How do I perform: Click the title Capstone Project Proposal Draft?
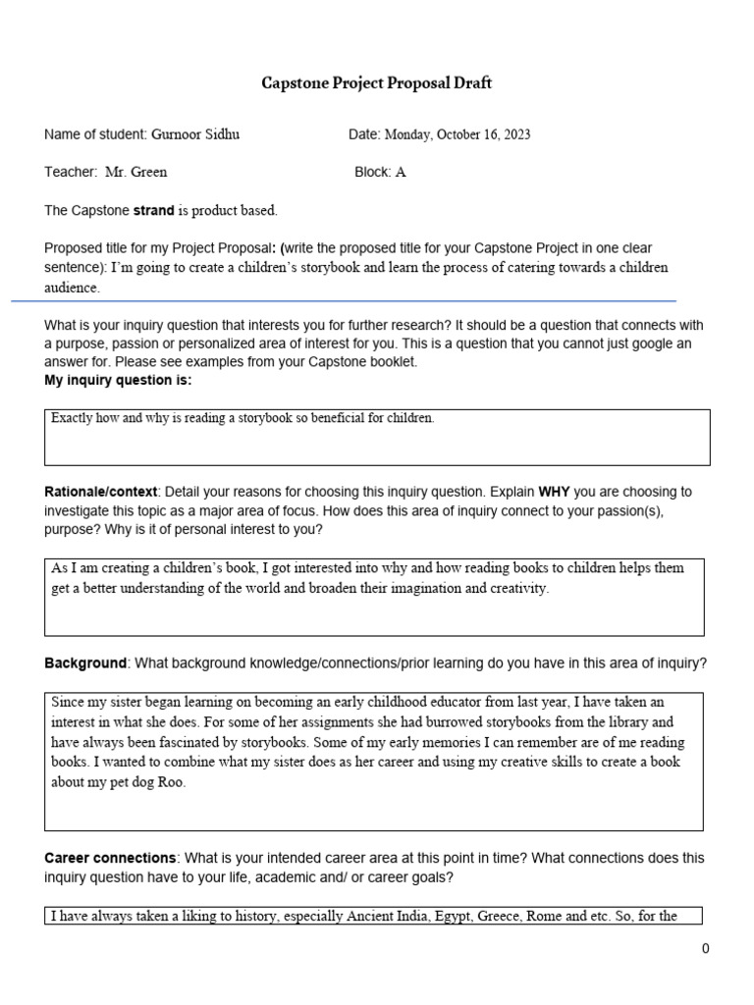click(x=376, y=83)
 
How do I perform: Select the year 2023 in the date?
click(x=514, y=134)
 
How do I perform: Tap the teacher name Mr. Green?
click(x=136, y=172)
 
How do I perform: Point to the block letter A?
click(x=401, y=172)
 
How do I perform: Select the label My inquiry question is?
click(x=118, y=381)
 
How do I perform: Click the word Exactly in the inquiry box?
click(x=72, y=418)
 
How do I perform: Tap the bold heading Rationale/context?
click(x=100, y=492)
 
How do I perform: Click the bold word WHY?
click(x=555, y=492)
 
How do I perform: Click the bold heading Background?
click(x=85, y=663)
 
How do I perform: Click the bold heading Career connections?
click(x=110, y=858)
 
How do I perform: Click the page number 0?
click(x=705, y=948)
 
